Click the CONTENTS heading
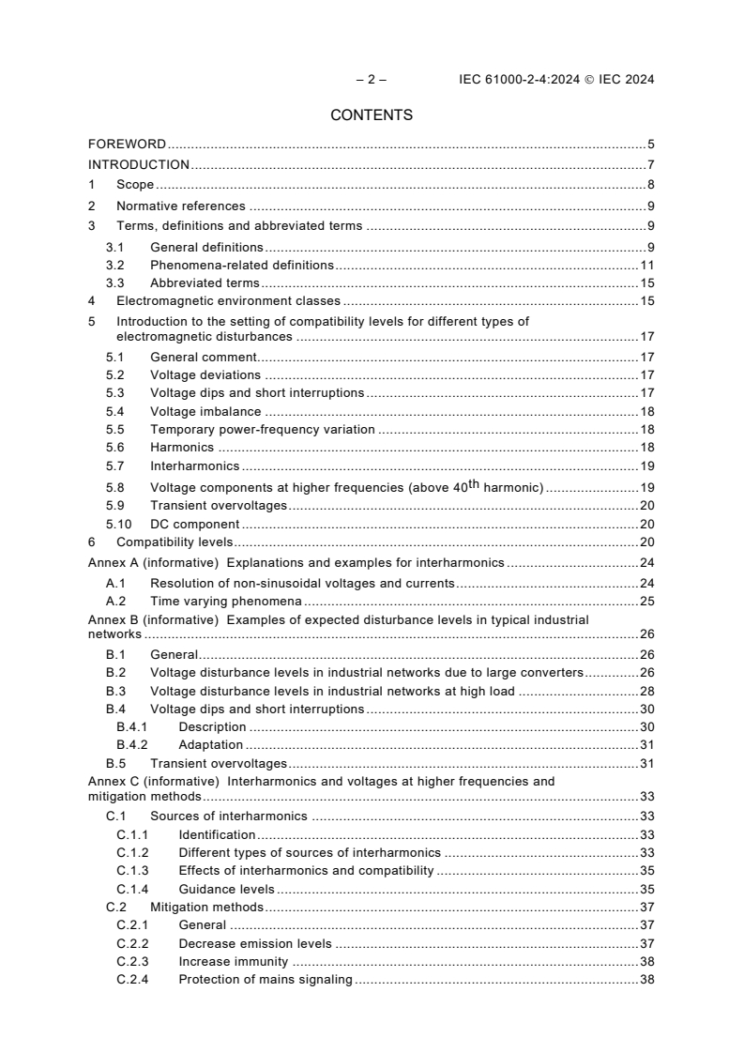[372, 115]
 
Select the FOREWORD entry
[127, 145]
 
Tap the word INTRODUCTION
[139, 165]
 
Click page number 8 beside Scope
[650, 185]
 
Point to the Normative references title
[180, 206]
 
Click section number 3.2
[114, 266]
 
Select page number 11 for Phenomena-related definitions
[646, 266]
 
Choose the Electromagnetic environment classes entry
[228, 301]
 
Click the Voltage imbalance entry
[205, 412]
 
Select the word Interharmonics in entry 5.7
[194, 465]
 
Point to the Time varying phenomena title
[226, 601]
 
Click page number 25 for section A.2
[646, 601]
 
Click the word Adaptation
[211, 745]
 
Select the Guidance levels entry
[226, 889]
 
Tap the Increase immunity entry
[233, 962]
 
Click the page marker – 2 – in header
[372, 80]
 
